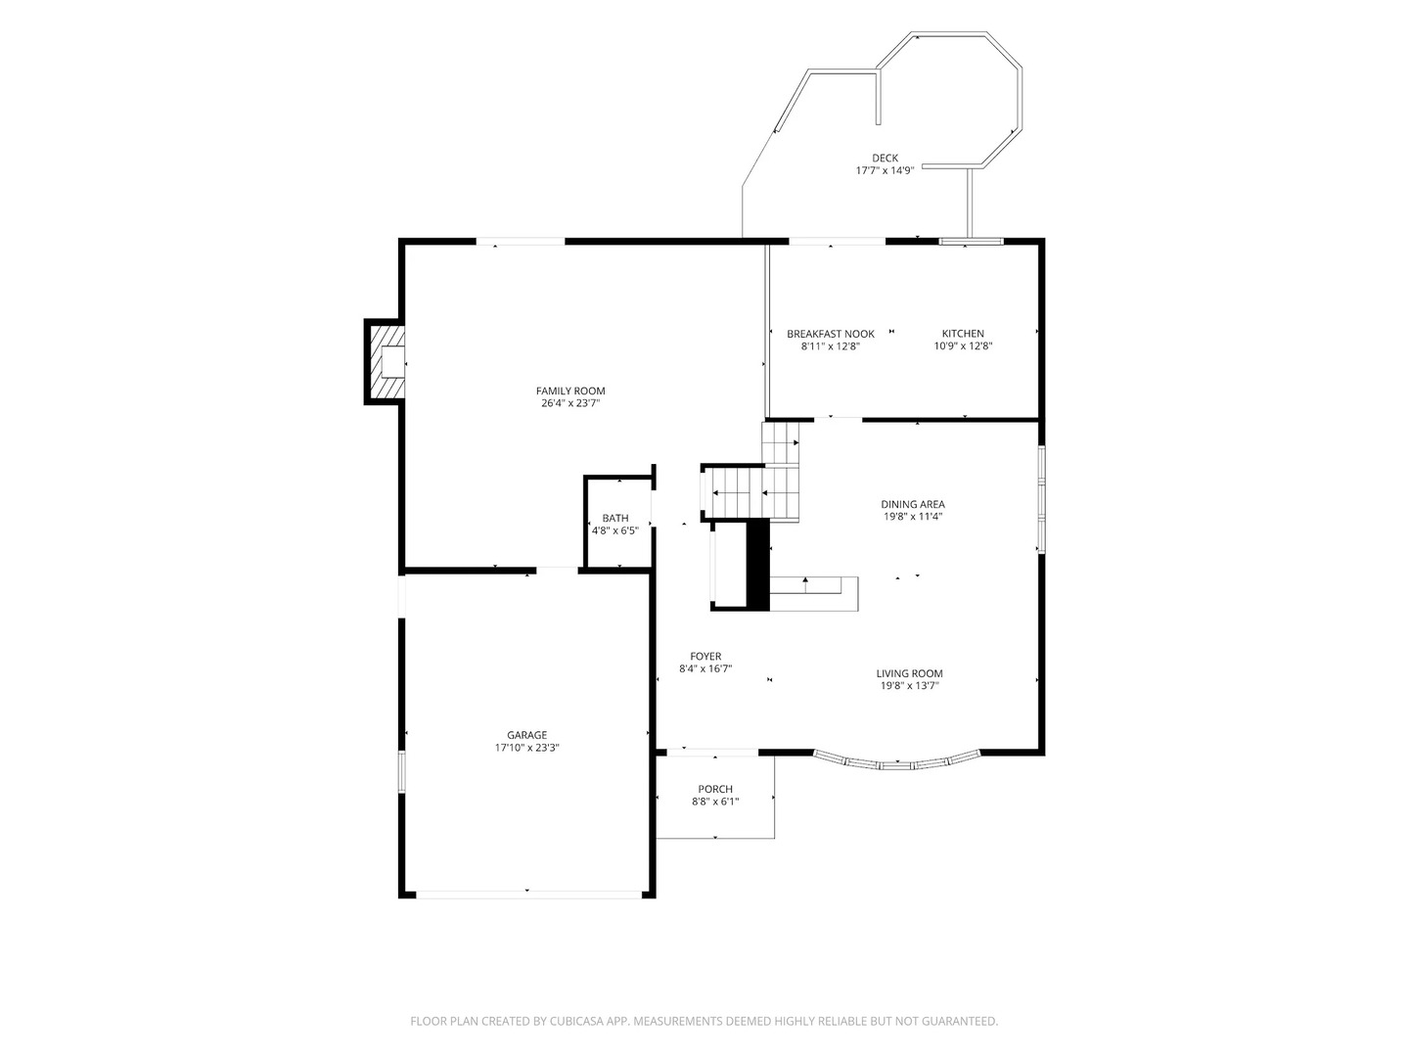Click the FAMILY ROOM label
point(570,391)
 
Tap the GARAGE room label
point(526,735)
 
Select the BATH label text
point(614,519)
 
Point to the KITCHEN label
point(962,334)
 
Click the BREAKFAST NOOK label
point(830,334)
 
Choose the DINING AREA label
point(912,504)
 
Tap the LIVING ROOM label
point(909,674)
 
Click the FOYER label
point(705,657)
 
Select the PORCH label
point(715,790)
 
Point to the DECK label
point(885,158)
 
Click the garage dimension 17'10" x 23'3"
point(526,748)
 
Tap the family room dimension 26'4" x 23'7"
point(570,403)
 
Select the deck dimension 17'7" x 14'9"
point(885,170)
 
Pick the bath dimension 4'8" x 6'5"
point(614,530)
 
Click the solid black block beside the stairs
point(758,565)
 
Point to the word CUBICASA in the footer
point(576,1021)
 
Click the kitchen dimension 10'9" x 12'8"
point(962,345)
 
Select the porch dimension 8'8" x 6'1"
point(715,802)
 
